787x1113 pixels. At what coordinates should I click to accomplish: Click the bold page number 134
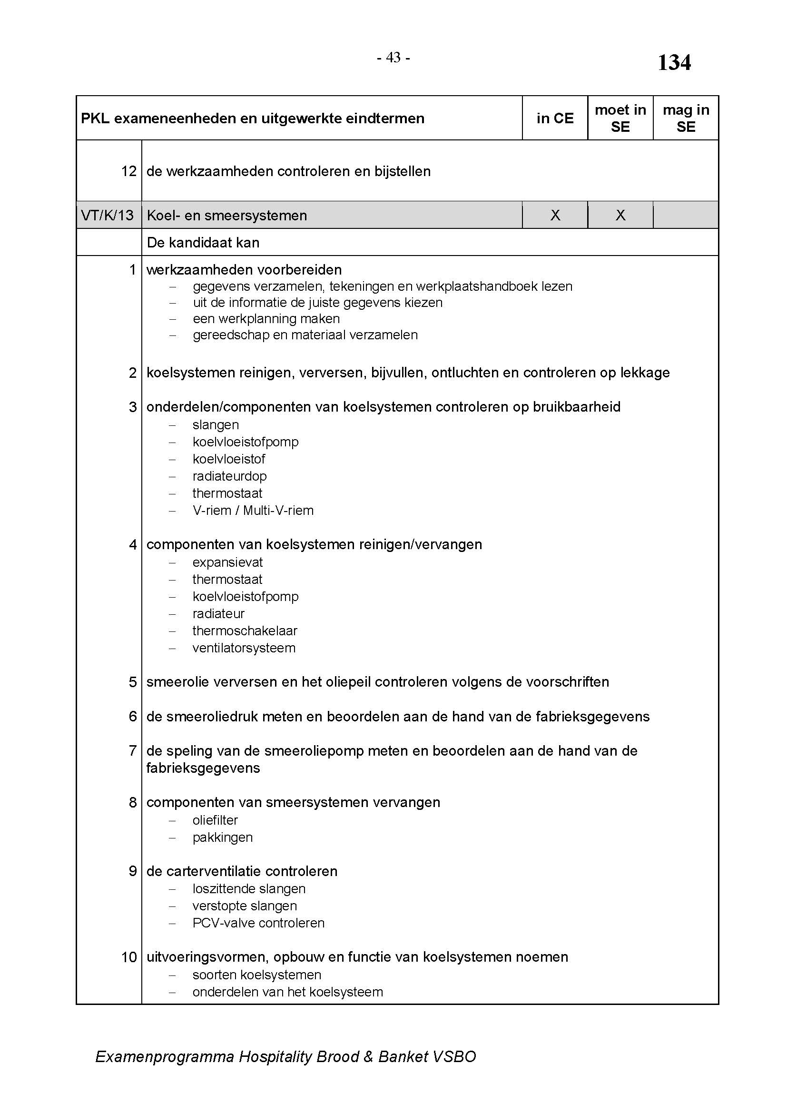(x=674, y=63)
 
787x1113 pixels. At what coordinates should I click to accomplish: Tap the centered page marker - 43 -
(x=393, y=58)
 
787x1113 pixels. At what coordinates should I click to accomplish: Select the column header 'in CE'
(x=555, y=118)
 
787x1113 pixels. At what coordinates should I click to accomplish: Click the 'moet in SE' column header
(x=620, y=118)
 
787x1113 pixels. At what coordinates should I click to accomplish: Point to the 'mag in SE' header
(x=686, y=118)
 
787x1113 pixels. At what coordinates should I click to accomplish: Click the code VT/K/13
(x=108, y=215)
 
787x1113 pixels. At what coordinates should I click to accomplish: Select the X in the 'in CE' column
(x=555, y=215)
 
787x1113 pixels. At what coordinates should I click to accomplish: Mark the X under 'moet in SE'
(x=620, y=215)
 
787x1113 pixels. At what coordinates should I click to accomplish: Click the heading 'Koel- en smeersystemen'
(x=227, y=216)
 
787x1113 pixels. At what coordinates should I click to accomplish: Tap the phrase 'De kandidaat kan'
(x=203, y=242)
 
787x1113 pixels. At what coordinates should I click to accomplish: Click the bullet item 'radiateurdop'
(x=230, y=476)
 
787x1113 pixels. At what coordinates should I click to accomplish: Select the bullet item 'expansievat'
(x=227, y=562)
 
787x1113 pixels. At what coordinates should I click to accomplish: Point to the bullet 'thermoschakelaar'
(x=245, y=630)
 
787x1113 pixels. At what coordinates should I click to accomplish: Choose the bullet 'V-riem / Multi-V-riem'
(x=253, y=511)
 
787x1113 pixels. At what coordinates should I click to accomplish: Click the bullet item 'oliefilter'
(x=215, y=820)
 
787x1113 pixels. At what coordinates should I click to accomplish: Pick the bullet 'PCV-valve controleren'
(x=258, y=923)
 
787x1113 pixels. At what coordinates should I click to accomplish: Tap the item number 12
(x=129, y=171)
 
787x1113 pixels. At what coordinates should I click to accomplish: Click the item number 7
(x=133, y=751)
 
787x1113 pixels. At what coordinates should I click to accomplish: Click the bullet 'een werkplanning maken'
(x=266, y=319)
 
